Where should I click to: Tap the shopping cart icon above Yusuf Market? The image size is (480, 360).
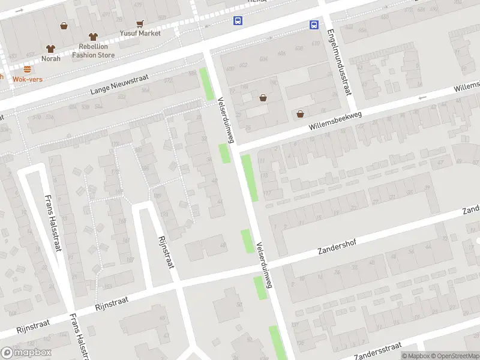pyautogui.click(x=140, y=24)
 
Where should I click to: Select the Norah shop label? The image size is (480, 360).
pyautogui.click(x=51, y=58)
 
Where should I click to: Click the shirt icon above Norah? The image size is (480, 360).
pyautogui.click(x=50, y=49)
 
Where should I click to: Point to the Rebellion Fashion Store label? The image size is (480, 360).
pyautogui.click(x=93, y=50)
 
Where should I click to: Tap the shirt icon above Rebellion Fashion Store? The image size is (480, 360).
pyautogui.click(x=92, y=37)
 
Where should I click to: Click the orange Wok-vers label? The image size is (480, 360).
pyautogui.click(x=27, y=79)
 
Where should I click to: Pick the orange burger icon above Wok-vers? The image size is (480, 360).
pyautogui.click(x=27, y=69)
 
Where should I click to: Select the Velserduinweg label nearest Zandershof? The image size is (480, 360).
pyautogui.click(x=264, y=265)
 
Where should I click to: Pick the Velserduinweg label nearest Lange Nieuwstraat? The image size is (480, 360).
pyautogui.click(x=225, y=119)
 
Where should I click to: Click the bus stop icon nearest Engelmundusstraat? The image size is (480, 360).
pyautogui.click(x=314, y=25)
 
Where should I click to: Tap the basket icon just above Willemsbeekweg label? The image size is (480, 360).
pyautogui.click(x=300, y=114)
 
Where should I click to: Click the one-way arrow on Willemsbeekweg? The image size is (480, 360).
pyautogui.click(x=422, y=97)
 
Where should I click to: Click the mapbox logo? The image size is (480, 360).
pyautogui.click(x=26, y=353)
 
